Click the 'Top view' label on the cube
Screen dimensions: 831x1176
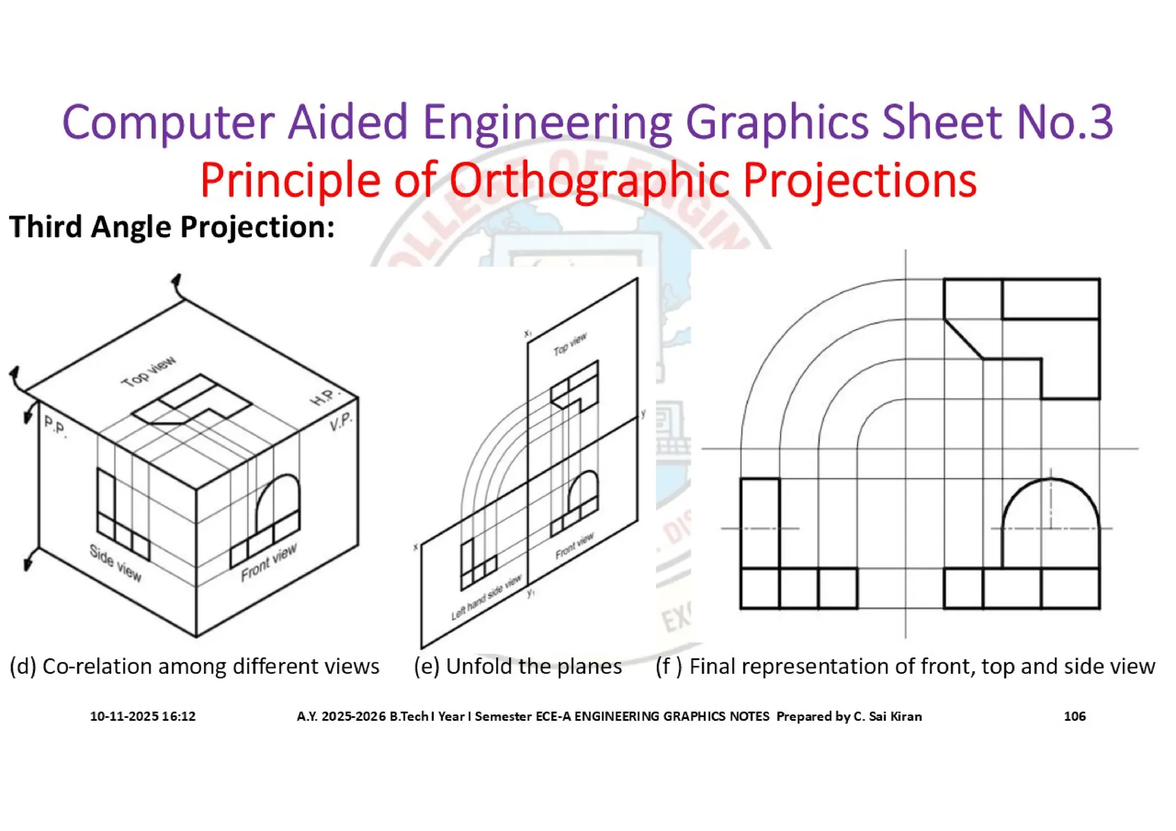148,372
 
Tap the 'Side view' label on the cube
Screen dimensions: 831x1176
115,563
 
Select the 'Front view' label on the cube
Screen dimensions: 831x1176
269,562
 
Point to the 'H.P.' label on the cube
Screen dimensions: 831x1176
325,397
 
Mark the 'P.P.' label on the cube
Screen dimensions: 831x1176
55,427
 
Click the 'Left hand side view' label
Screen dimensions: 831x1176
486,597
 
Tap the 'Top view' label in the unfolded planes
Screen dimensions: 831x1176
570,343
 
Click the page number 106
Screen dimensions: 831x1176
1074,716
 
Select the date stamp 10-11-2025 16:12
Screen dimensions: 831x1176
143,716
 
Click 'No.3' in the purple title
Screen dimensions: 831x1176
1065,122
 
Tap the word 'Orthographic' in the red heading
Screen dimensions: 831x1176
589,180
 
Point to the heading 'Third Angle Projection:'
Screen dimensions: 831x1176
172,227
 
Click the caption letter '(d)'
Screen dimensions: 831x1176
23,666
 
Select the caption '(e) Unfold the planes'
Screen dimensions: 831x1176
518,666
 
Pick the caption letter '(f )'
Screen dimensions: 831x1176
669,666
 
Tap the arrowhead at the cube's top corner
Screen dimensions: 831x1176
176,281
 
